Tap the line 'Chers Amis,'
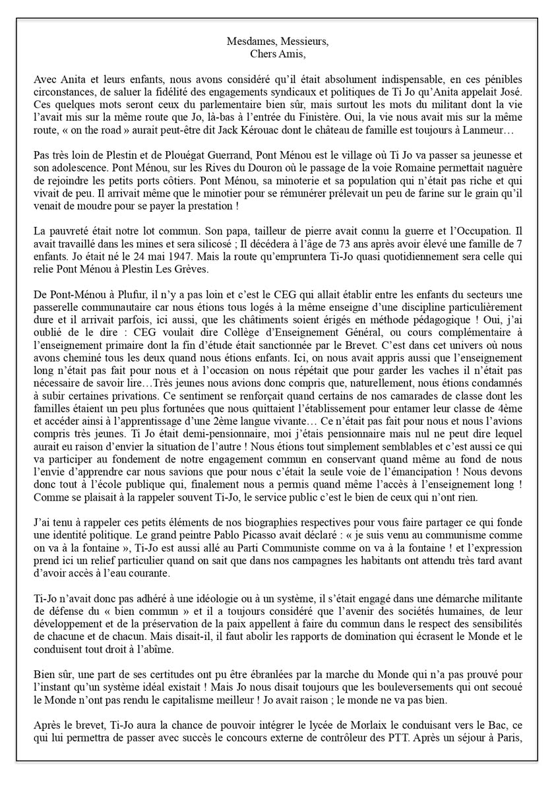(x=277, y=53)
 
